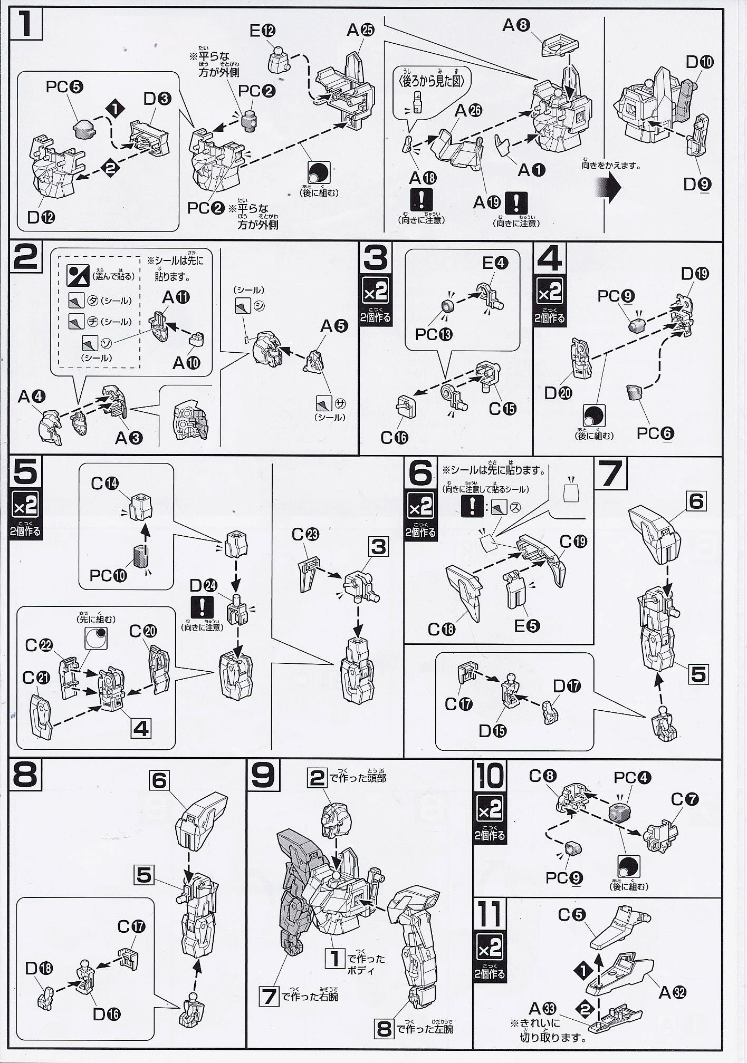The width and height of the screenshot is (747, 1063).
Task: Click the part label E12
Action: coord(262,31)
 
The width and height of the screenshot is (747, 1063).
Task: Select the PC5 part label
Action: coord(64,86)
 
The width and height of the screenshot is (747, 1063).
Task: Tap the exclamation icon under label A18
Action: coord(421,199)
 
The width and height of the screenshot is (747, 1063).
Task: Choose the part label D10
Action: coord(700,62)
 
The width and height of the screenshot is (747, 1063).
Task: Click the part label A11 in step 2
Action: coord(175,297)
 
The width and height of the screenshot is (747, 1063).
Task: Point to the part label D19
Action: coord(695,274)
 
